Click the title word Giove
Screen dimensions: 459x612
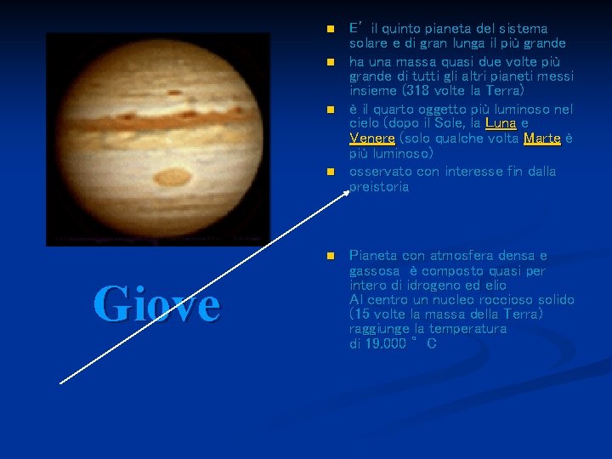pyautogui.click(x=156, y=304)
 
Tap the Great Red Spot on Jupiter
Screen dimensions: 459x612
pyautogui.click(x=175, y=178)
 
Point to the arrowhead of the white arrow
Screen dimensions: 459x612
pyautogui.click(x=347, y=192)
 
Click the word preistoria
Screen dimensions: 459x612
pyautogui.click(x=379, y=187)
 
